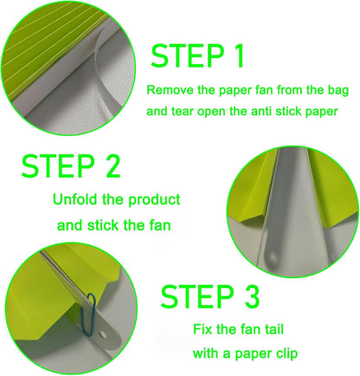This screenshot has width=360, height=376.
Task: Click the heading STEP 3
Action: point(211,297)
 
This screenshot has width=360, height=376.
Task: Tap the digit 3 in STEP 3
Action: point(250,297)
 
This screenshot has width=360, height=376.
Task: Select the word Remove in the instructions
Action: point(168,89)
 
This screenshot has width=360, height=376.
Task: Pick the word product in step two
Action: point(155,200)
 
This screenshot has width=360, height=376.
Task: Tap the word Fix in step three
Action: point(203,330)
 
